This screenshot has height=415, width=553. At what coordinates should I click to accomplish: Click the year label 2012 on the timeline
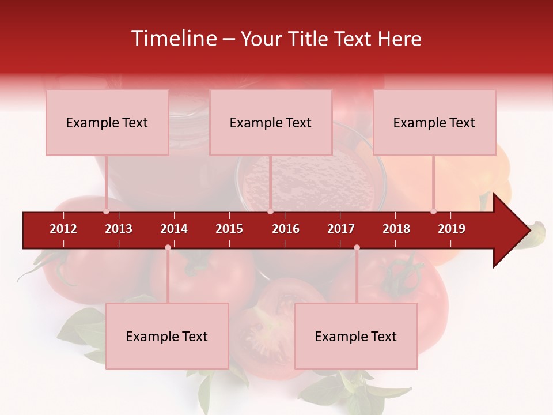click(63, 229)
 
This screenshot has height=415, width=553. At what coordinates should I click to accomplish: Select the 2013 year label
click(119, 229)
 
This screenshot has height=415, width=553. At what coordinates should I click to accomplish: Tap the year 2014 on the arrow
click(174, 229)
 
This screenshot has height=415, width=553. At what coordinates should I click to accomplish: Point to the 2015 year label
click(229, 229)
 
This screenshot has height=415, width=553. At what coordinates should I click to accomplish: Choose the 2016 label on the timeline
click(286, 229)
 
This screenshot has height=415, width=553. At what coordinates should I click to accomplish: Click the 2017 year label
click(341, 229)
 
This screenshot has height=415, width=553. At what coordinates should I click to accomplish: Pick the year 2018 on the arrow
click(396, 229)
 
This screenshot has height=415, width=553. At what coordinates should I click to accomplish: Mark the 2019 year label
click(452, 229)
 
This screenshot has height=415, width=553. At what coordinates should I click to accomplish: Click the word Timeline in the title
click(173, 39)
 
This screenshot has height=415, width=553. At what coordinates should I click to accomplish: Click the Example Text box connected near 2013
click(107, 123)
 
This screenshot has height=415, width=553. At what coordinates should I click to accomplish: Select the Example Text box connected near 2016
click(271, 123)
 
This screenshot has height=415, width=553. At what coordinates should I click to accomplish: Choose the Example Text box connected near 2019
click(434, 123)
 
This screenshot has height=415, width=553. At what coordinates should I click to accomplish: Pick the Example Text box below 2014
click(167, 337)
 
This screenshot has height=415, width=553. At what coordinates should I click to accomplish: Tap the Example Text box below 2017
click(356, 337)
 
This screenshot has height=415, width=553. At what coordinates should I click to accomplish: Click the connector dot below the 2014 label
click(168, 248)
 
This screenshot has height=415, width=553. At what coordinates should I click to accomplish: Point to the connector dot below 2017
click(357, 248)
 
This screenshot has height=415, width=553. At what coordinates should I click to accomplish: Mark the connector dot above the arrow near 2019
click(434, 212)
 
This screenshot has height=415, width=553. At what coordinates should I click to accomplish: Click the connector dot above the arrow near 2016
click(270, 212)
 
